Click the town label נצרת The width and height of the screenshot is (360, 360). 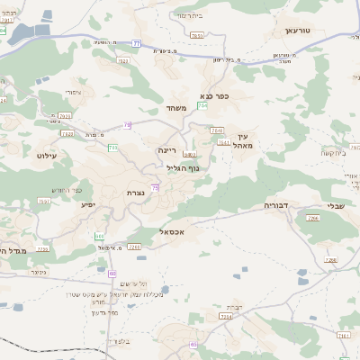136,193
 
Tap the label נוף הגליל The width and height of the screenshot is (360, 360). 183,168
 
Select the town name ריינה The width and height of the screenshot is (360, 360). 168,151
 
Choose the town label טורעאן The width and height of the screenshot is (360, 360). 297,31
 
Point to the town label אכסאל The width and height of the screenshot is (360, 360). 170,231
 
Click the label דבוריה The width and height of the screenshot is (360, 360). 275,205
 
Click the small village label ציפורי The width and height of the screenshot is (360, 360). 75,93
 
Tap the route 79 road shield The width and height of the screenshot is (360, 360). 128,125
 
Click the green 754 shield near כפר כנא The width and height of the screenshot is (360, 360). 202,106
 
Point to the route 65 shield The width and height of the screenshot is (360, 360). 193,345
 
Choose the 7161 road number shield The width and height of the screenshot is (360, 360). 343,335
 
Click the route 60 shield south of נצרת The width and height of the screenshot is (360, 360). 112,273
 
